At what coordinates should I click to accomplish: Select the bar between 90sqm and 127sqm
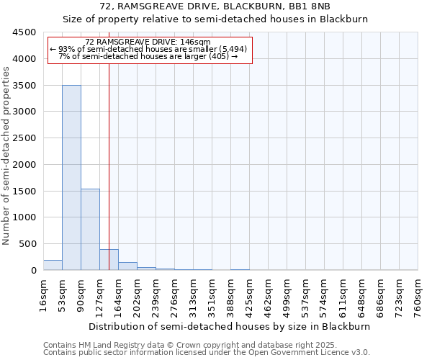[x=90, y=230]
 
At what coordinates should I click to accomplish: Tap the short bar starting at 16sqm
[x=53, y=265]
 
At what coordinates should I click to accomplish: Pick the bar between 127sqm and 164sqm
[x=109, y=260]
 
